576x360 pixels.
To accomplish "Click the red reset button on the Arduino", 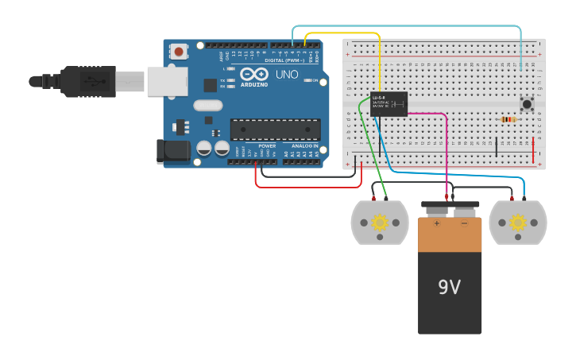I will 179,52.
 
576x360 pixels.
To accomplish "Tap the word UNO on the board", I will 287,75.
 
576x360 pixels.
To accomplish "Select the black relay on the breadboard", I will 389,103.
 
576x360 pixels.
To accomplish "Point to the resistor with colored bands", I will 508,120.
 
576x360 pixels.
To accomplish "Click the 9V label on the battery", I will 449,287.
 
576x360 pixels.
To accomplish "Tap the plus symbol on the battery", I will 436,223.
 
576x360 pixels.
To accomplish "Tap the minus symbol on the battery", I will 465,223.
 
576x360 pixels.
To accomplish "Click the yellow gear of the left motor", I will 380,222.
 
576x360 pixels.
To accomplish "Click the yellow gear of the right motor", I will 518,222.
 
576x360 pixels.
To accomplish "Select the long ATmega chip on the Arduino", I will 276,129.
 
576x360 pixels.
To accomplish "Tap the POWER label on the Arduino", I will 267,145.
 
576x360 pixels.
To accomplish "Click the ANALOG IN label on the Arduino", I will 304,145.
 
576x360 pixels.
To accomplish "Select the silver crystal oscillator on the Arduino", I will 207,105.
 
